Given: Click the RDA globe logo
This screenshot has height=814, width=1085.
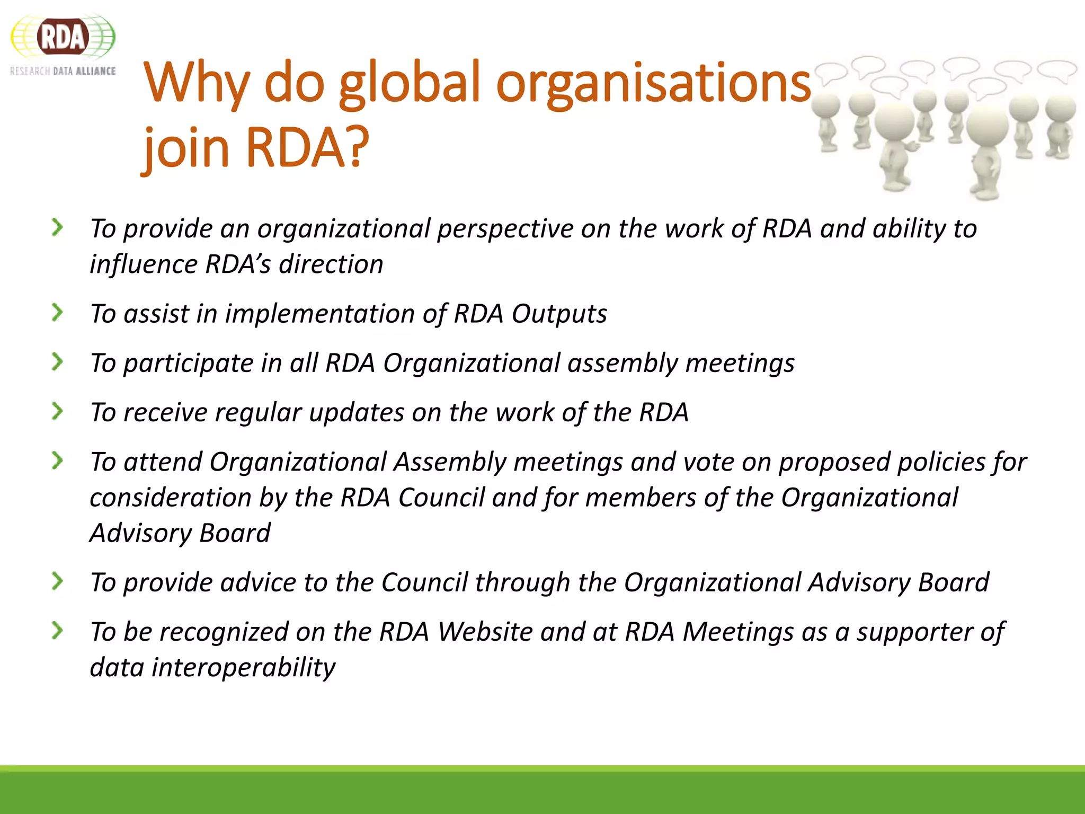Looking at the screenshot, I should (63, 37).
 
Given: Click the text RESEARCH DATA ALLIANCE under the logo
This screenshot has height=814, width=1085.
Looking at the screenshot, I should (63, 71).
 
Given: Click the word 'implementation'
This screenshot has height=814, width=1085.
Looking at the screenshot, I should (320, 313).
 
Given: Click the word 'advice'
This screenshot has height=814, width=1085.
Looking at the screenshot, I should (258, 582).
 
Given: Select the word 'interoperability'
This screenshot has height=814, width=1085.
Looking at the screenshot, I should (243, 667).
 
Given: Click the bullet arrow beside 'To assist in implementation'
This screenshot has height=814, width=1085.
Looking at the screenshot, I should (57, 312).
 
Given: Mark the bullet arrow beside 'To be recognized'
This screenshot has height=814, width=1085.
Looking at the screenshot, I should (57, 631).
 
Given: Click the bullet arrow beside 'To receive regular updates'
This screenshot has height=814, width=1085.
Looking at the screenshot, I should (57, 411).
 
